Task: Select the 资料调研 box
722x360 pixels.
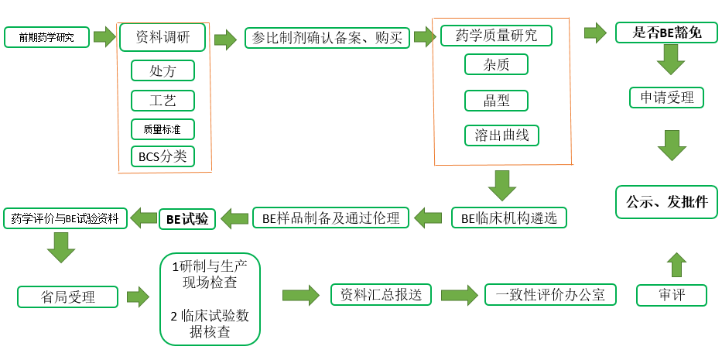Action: pos(163,36)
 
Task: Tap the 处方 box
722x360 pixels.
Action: pos(163,70)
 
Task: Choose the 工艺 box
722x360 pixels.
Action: pos(163,100)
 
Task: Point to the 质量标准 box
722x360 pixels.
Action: pos(163,129)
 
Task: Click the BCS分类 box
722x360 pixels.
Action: pos(163,156)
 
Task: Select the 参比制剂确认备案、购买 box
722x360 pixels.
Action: pos(327,37)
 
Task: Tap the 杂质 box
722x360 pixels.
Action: pos(496,64)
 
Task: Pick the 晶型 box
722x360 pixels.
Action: pos(496,100)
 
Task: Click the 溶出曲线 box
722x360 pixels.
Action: pos(501,135)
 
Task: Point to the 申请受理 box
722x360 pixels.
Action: pos(666,98)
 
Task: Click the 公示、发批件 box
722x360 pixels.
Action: pos(666,202)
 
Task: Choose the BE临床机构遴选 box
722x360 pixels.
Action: pos(508,218)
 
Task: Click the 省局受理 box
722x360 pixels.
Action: pos(67,296)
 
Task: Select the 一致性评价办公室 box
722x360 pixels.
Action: pos(550,294)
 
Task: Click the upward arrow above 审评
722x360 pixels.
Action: pos(676,264)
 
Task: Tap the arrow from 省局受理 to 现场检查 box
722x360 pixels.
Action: pos(138,296)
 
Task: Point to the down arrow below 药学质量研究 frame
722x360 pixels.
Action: pos(502,186)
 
